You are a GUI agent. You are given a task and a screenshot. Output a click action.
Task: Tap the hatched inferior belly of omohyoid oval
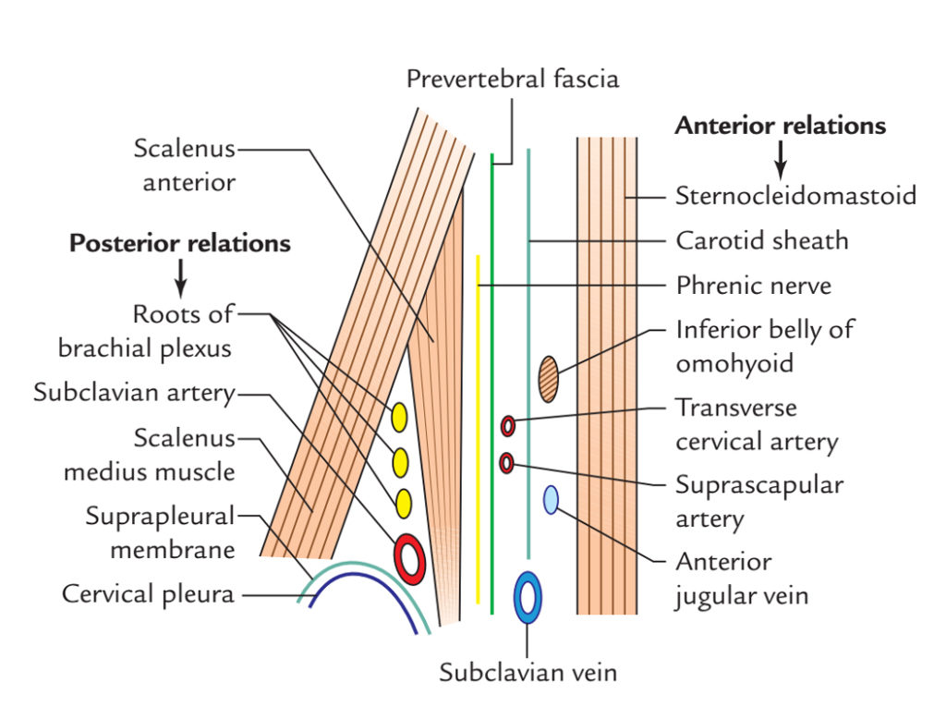[x=549, y=379]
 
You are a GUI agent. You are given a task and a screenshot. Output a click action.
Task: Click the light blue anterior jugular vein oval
[x=551, y=500]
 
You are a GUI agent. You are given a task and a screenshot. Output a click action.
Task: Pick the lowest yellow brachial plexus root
[x=403, y=503]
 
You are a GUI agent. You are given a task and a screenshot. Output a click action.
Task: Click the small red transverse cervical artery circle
[x=508, y=426]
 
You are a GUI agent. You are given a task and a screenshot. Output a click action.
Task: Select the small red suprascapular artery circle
[x=506, y=462]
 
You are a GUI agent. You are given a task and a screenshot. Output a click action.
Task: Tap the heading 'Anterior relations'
[x=780, y=126]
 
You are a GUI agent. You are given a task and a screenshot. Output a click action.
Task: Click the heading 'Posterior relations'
[x=180, y=244]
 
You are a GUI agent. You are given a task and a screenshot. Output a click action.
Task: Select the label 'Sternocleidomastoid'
[x=795, y=196]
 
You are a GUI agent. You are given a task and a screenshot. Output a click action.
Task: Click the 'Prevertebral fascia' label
[x=513, y=79]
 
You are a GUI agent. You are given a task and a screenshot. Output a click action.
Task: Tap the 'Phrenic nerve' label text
[x=753, y=286]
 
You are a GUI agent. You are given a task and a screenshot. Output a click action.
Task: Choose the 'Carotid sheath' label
[x=761, y=241]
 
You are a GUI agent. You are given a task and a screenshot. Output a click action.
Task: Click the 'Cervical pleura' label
[x=148, y=593]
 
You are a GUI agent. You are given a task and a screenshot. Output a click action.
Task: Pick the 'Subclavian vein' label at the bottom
[x=528, y=672]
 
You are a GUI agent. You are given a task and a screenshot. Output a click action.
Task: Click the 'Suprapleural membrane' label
[x=160, y=532]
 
